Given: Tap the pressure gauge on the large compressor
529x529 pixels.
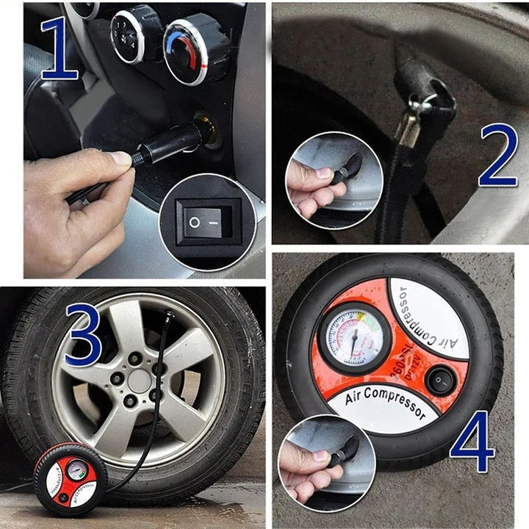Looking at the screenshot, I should click(354, 338).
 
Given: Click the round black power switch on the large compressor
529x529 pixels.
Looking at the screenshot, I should click(440, 381).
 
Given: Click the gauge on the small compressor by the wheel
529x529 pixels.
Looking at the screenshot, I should click(76, 469).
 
